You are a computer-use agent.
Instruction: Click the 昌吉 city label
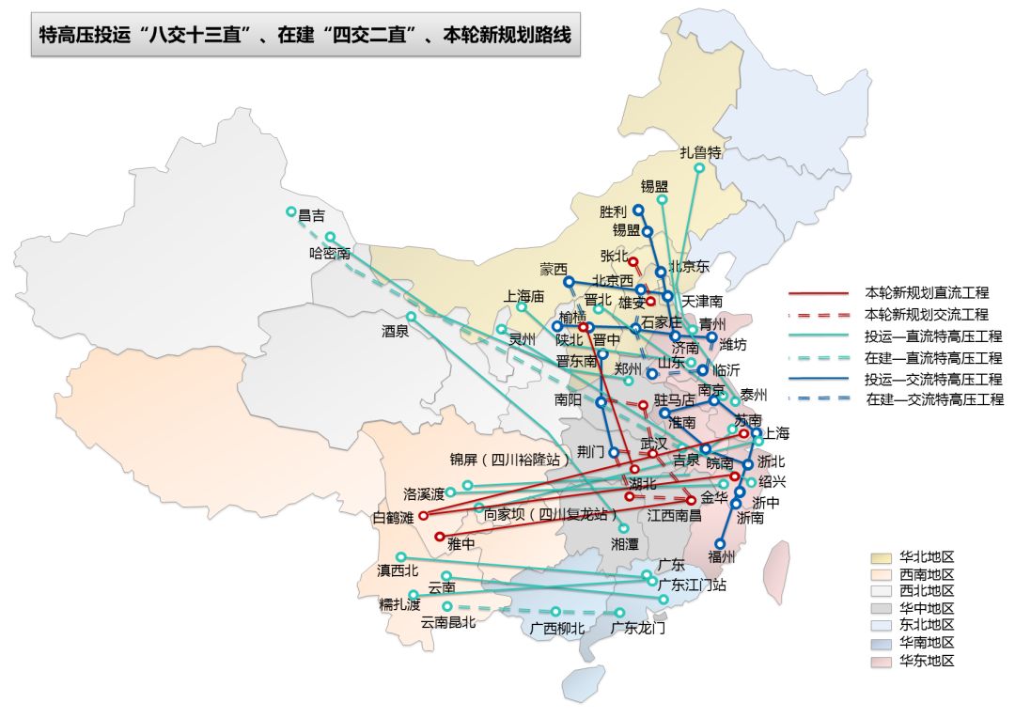312,215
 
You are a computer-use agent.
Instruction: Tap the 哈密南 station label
329,253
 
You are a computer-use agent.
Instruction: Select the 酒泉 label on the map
395,331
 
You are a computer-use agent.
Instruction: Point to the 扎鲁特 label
700,152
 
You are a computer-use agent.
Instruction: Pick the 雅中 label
461,543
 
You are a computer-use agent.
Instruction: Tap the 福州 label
721,556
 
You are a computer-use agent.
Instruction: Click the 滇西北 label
398,570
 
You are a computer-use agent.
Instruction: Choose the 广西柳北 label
555,628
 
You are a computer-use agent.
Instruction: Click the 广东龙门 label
638,627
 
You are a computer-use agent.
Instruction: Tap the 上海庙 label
524,296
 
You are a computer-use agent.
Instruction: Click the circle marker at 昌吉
291,211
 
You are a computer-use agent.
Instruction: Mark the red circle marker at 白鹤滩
423,515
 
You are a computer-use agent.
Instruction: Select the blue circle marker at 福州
720,542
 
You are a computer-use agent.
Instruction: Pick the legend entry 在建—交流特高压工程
934,399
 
